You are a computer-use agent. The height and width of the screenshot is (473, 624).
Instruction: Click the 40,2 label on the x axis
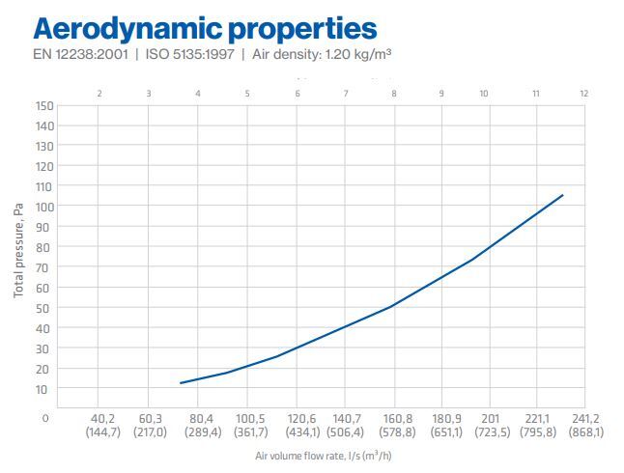(x=101, y=419)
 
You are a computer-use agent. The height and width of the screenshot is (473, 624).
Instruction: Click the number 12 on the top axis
(x=583, y=94)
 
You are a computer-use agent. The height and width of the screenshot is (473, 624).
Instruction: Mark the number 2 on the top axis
(x=100, y=94)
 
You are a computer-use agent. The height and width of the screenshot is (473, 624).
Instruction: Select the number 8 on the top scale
(x=394, y=94)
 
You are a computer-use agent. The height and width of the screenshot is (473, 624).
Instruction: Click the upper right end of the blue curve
(x=562, y=195)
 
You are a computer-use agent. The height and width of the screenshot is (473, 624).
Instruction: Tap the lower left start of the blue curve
(x=181, y=383)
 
